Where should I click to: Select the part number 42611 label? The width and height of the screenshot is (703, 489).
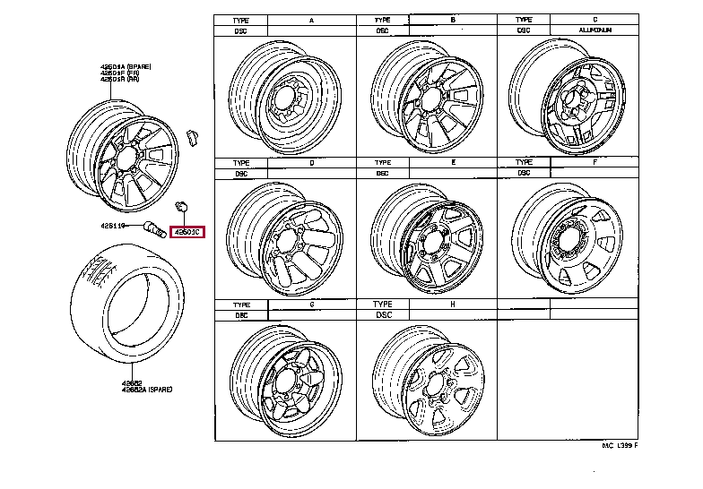point(114,226)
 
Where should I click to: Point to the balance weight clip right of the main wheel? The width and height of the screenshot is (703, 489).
point(190,135)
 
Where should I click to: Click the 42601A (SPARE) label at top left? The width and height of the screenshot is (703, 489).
point(125,67)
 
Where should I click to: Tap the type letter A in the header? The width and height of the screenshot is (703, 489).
point(311,19)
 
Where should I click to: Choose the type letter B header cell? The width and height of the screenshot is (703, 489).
point(453,19)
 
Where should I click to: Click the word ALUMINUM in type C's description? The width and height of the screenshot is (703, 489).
point(594,30)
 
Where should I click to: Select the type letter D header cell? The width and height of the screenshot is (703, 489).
point(311,163)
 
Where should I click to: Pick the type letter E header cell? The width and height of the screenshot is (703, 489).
point(453,163)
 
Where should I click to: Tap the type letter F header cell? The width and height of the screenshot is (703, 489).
point(594,163)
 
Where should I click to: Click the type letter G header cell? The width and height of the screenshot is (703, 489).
point(311,305)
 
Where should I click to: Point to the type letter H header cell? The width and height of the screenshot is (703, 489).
point(453,305)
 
